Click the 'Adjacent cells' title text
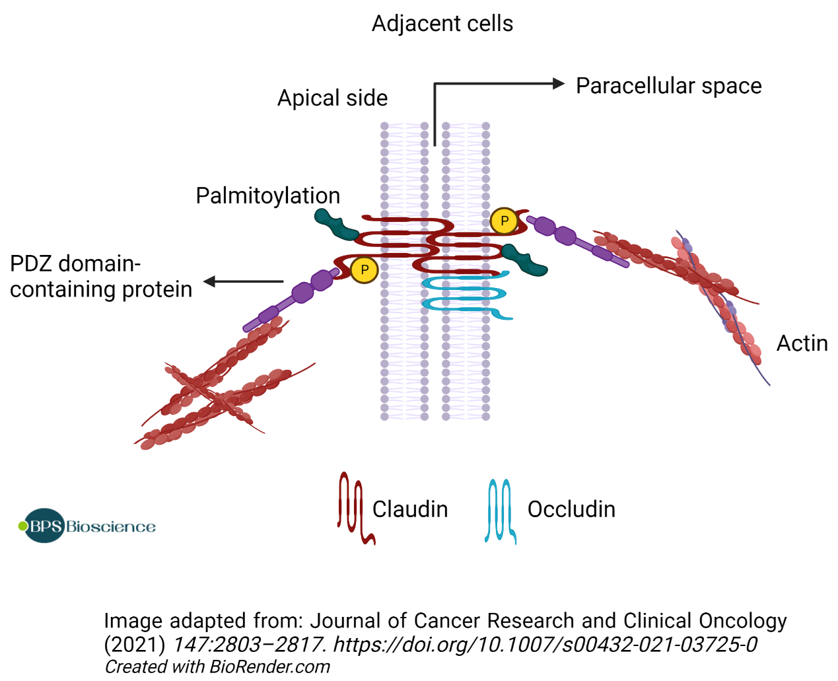442,24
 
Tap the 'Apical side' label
332,98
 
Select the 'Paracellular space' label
668,86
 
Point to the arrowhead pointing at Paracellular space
559,84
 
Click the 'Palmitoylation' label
267,196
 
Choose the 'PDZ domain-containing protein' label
100,277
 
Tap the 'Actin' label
802,343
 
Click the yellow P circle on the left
364,269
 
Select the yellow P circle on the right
505,221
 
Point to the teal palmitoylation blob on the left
335,225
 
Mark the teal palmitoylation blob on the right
524,260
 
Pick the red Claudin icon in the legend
353,508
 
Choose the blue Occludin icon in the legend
501,510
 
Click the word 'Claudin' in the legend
409,509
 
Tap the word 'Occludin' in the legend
571,509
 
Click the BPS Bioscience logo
87,526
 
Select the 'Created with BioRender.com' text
217,667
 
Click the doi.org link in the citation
545,644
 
